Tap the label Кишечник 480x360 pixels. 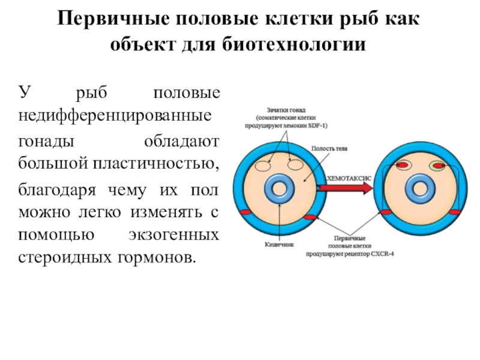click(x=278, y=244)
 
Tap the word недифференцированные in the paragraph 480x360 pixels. click(x=114, y=115)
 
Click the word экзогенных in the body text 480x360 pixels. click(x=173, y=235)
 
